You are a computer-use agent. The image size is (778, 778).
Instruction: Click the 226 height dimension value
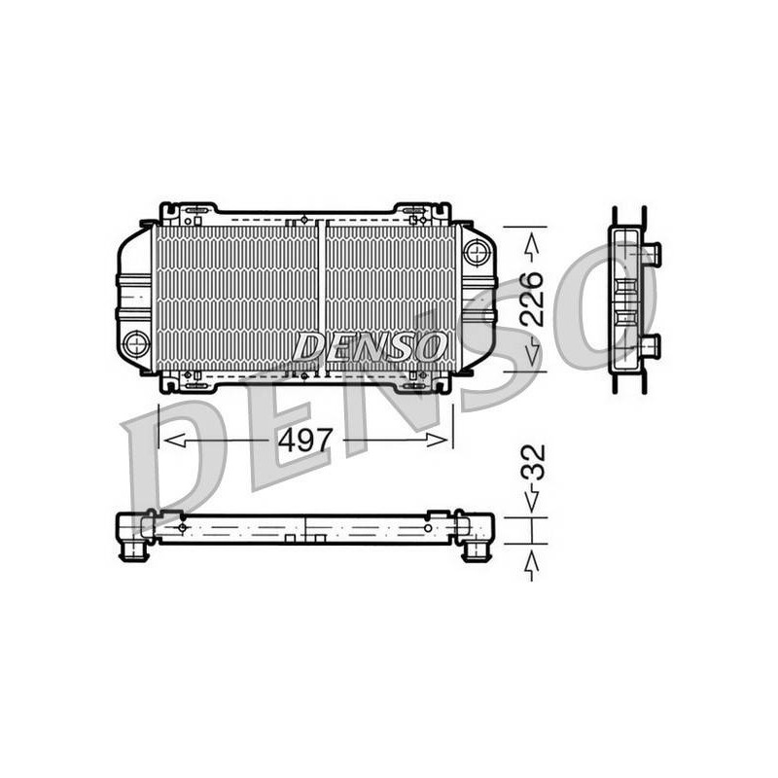click(x=531, y=299)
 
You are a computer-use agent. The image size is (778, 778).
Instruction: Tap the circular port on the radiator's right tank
click(x=477, y=251)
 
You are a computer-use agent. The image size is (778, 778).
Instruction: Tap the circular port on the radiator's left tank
click(x=136, y=343)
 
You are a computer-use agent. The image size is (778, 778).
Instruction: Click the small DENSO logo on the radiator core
click(x=370, y=346)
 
